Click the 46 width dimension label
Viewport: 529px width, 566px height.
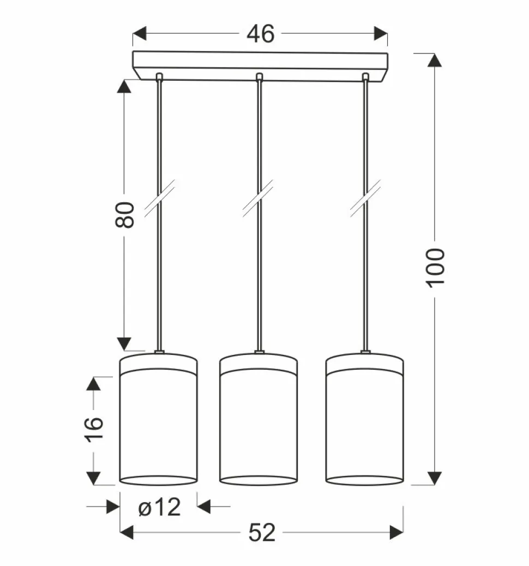pos(260,34)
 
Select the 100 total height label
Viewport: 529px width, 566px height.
pos(436,268)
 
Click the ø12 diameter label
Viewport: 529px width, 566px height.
pos(159,507)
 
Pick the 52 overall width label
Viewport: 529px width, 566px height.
pos(262,532)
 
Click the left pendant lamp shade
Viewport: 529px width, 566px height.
pos(158,419)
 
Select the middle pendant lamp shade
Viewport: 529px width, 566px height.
pos(259,419)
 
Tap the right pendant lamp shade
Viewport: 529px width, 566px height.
pos(365,419)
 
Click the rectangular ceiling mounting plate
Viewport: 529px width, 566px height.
pos(260,65)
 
